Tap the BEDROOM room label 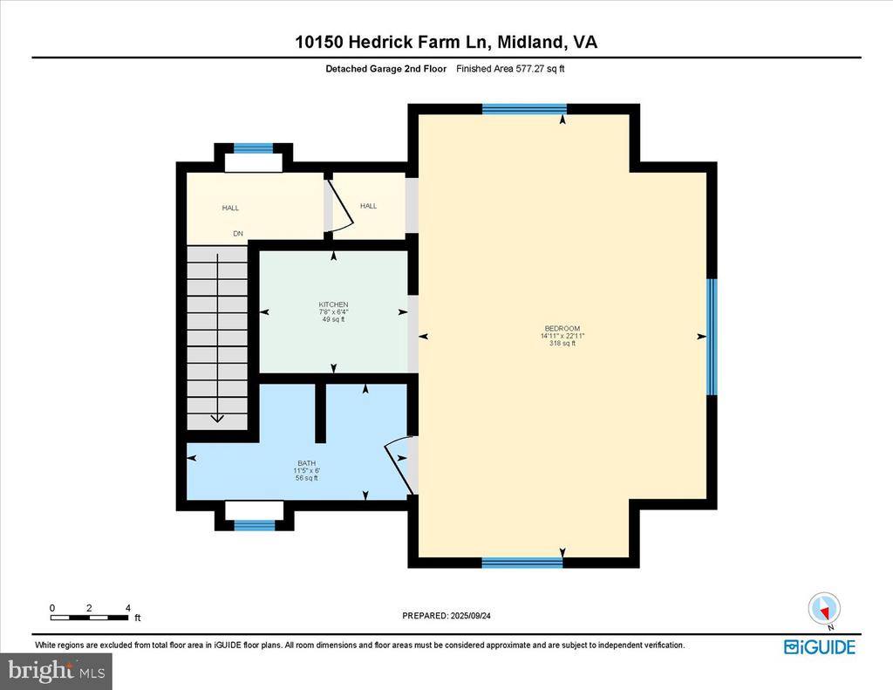tap(561, 328)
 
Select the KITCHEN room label tap(333, 304)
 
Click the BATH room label tap(306, 463)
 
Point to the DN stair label tap(237, 233)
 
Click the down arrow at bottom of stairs tap(217, 417)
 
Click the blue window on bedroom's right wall tap(712, 337)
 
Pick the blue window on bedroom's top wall tap(524, 109)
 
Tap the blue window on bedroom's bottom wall tap(521, 563)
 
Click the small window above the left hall tap(254, 148)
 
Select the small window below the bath tap(255, 524)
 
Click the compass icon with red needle tap(823, 608)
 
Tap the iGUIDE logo tap(819, 646)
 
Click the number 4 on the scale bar tap(128, 607)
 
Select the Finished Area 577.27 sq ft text tap(510, 68)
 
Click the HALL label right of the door tap(369, 206)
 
